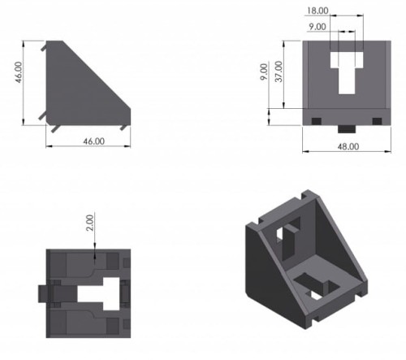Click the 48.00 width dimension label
(348, 146)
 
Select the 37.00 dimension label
(279, 72)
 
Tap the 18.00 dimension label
(317, 11)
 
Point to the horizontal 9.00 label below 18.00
(317, 27)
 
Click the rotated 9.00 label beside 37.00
(264, 72)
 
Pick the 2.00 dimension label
(89, 223)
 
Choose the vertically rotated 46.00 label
(19, 72)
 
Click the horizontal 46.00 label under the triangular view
(93, 141)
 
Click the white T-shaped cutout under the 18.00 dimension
(347, 71)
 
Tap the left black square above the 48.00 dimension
(317, 121)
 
